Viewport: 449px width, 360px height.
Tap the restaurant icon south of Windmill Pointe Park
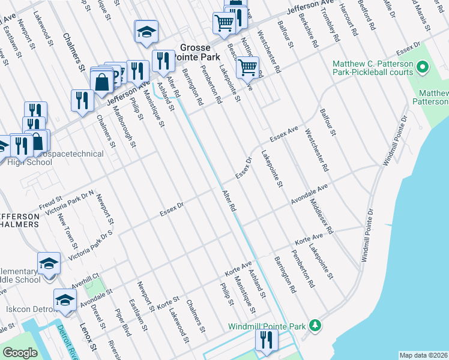click(264, 341)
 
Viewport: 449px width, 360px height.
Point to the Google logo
click(20, 353)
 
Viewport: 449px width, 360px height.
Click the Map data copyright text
click(423, 355)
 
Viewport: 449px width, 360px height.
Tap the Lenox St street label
click(88, 337)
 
